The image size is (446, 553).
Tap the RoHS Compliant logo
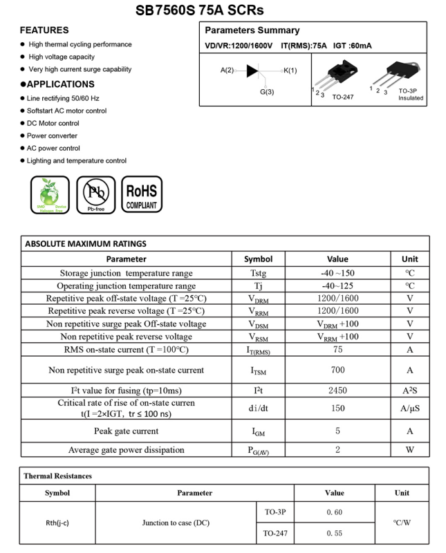[x=142, y=195]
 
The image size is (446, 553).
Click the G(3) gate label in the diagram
[x=267, y=92]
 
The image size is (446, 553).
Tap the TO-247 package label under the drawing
[x=343, y=97]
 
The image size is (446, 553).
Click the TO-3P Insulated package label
[x=411, y=95]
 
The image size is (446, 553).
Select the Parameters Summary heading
[x=252, y=30]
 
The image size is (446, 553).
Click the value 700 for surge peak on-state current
[x=337, y=370]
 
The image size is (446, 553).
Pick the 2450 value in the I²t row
[x=337, y=391]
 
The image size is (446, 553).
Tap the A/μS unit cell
[x=410, y=408]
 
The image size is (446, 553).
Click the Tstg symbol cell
[x=259, y=273]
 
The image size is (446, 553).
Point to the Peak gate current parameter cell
[x=127, y=431]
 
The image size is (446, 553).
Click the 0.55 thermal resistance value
[x=334, y=534]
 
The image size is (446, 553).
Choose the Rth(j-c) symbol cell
[x=57, y=523]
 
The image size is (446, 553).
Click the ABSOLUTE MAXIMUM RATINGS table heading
[x=86, y=243]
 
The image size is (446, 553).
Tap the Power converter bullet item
[x=52, y=135]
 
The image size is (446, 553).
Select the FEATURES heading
[x=44, y=30]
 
